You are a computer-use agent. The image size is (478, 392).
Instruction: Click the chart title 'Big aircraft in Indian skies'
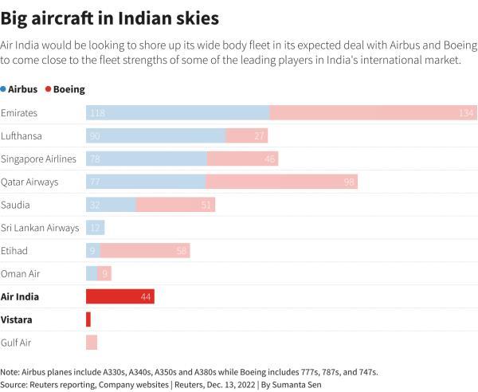click(x=110, y=17)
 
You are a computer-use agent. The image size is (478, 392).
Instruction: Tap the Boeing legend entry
click(x=65, y=90)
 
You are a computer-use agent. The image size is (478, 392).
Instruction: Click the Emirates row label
click(x=19, y=113)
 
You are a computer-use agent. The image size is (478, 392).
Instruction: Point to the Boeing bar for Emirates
click(x=373, y=113)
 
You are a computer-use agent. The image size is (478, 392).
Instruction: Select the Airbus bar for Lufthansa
click(x=155, y=136)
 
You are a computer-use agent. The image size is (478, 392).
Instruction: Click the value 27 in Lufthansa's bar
click(x=260, y=136)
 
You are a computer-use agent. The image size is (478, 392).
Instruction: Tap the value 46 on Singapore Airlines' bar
click(x=271, y=159)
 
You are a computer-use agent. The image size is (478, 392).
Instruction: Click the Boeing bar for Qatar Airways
click(x=281, y=182)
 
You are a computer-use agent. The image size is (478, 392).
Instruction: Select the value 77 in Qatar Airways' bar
click(x=96, y=182)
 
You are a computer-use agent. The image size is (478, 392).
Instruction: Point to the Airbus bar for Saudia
click(x=111, y=205)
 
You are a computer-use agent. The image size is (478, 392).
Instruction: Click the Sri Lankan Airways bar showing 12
click(x=96, y=228)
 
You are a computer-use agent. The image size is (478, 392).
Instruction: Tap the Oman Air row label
click(x=21, y=273)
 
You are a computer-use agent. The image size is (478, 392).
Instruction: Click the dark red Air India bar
click(x=119, y=296)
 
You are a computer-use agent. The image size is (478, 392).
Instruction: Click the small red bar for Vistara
click(x=88, y=319)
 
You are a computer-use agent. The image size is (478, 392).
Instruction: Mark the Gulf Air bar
click(x=92, y=342)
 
